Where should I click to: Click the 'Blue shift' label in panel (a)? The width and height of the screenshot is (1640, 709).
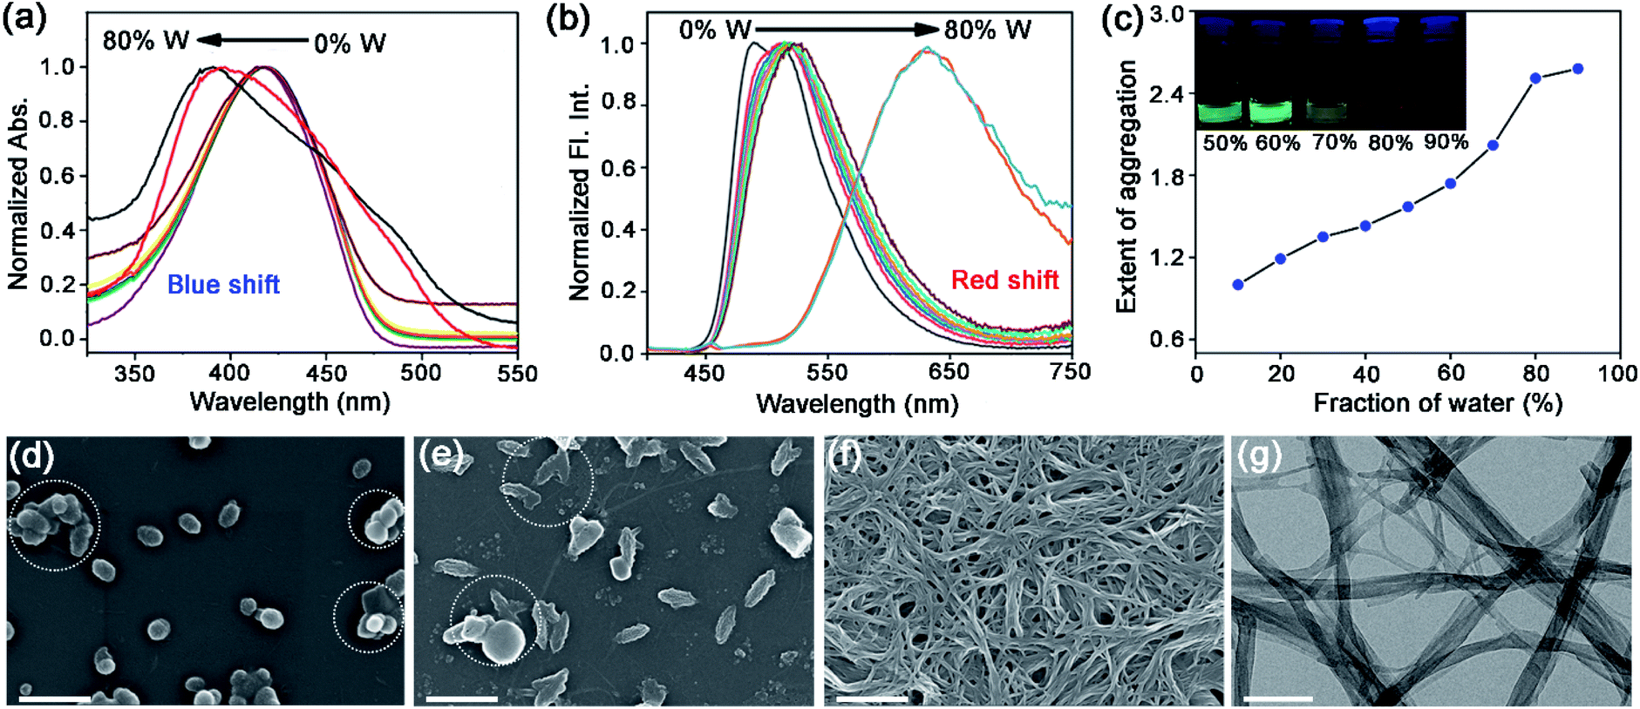(x=223, y=285)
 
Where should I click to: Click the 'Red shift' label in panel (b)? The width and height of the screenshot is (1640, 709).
(x=1004, y=280)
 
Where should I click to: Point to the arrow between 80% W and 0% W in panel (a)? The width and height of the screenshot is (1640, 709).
(x=252, y=40)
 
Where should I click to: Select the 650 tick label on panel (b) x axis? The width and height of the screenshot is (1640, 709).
(x=948, y=372)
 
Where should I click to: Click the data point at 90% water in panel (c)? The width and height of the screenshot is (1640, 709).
(x=1577, y=69)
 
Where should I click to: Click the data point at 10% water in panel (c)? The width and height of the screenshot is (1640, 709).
(x=1238, y=285)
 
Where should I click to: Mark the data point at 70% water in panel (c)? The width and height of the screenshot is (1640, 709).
(x=1493, y=145)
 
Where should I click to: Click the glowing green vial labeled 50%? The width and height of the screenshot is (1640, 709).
(x=1221, y=111)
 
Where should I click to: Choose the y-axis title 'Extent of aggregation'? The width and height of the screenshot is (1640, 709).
(x=1126, y=186)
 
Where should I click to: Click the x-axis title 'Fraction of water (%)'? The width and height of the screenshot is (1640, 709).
(x=1438, y=403)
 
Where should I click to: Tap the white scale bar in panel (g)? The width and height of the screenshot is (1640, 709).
(x=1278, y=698)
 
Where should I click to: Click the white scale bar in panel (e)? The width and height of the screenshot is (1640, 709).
(x=462, y=698)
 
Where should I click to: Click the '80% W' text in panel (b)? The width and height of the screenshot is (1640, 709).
(x=987, y=30)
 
